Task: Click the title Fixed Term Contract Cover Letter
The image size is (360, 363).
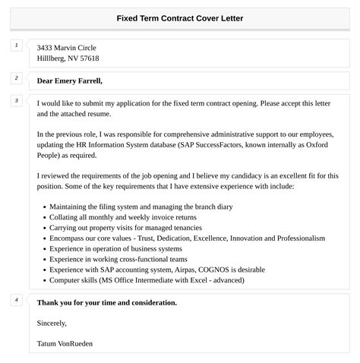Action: (180, 17)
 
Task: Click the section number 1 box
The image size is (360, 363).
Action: (16, 46)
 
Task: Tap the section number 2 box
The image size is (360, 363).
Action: (16, 78)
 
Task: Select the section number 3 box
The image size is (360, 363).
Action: (16, 101)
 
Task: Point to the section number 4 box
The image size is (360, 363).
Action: (16, 300)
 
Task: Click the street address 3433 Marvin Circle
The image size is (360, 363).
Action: (67, 48)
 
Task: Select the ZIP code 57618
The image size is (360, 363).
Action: (87, 58)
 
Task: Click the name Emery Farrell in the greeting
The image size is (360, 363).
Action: (79, 80)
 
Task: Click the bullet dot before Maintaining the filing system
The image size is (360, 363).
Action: (45, 207)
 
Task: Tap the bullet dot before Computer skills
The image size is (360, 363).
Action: (45, 280)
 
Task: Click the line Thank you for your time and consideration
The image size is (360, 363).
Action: (107, 302)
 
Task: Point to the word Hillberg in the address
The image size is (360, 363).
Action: (51, 58)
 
